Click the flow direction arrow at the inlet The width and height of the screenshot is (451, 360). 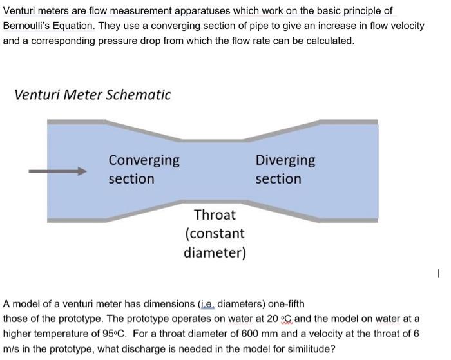pos(57,171)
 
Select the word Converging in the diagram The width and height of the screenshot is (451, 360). pos(144,160)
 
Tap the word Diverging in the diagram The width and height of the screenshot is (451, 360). pos(285,160)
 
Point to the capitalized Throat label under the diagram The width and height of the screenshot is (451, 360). pos(215,214)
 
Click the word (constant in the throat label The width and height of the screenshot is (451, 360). pos(215,233)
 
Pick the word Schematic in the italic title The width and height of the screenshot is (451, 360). pos(139,95)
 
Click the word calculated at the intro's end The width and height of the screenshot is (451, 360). pos(329,40)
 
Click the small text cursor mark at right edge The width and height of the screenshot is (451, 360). pos(437,274)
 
